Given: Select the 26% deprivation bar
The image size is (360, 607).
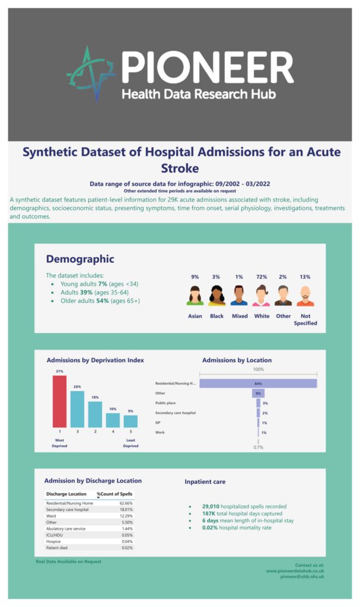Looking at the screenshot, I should tap(77, 409).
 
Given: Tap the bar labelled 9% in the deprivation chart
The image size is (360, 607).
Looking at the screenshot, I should tap(130, 421).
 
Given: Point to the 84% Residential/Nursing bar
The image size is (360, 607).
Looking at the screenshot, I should tap(258, 384).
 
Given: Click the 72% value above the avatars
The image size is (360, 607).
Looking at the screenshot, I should tap(262, 277).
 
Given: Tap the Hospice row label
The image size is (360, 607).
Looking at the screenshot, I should tap(55, 541).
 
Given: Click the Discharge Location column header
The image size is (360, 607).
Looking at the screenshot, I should tap(66, 494).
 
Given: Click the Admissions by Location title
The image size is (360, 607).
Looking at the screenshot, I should tap(237, 360).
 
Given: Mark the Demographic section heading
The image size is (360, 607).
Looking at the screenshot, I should tap(80, 259).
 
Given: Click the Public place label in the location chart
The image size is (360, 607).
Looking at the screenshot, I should tap(166, 402).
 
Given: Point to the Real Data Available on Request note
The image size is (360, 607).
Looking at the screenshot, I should tap(69, 561).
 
